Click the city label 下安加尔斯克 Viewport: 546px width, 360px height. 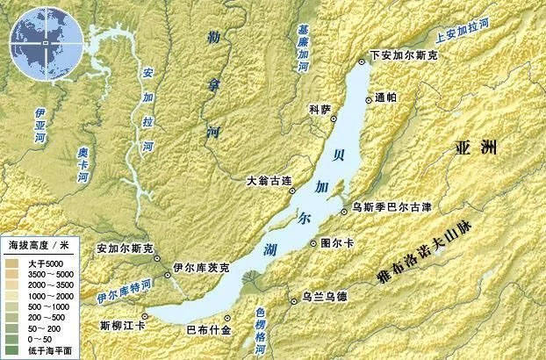click(x=405, y=55)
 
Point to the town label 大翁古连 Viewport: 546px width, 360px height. click(x=268, y=180)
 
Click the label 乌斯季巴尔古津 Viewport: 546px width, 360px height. click(x=392, y=207)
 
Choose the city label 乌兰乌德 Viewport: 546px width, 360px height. click(x=325, y=297)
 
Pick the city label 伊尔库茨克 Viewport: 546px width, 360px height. click(x=201, y=266)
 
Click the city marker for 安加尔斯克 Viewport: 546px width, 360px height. click(x=156, y=260)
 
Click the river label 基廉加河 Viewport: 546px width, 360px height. click(x=303, y=41)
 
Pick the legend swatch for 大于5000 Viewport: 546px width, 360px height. click(x=15, y=262)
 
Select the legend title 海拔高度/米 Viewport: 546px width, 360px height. click(x=44, y=243)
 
